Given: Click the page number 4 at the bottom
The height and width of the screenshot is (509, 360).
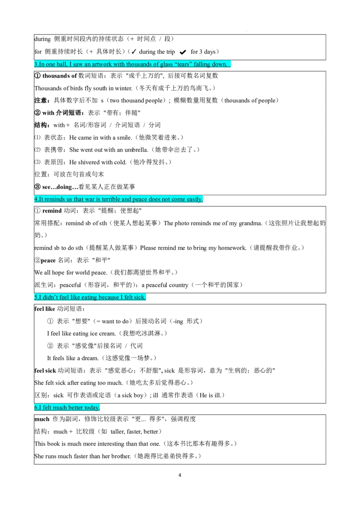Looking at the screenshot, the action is pyautogui.click(x=180, y=475).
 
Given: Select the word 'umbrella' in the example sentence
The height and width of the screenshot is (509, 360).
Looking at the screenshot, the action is pyautogui.click(x=136, y=150).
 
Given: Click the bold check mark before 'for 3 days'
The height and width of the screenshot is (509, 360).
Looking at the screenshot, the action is pyautogui.click(x=183, y=52).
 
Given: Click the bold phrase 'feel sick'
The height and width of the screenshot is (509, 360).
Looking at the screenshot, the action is pyautogui.click(x=45, y=371).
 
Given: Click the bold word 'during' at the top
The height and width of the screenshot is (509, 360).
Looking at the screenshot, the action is pyautogui.click(x=43, y=39).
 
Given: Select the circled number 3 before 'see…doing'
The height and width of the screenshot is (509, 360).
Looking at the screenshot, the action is pyautogui.click(x=37, y=187).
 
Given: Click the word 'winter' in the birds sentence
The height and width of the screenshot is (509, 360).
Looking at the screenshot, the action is pyautogui.click(x=123, y=88).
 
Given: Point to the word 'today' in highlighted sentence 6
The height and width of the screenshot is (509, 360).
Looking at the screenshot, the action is pyautogui.click(x=91, y=407).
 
